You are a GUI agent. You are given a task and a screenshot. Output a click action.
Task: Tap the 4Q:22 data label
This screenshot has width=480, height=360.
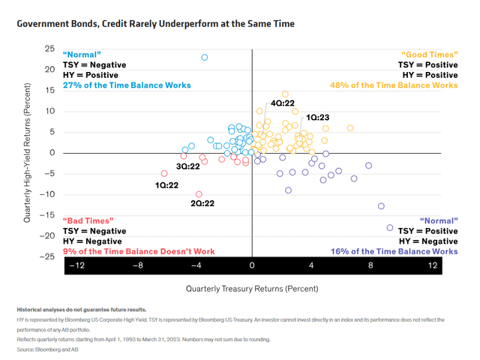[x=282, y=103]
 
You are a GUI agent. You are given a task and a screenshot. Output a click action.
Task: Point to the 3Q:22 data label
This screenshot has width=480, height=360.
[x=187, y=166]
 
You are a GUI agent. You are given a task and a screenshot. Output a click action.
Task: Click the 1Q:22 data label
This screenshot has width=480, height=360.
[x=166, y=184]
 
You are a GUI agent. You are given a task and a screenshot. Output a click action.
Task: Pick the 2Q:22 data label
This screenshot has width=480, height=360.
[x=202, y=203]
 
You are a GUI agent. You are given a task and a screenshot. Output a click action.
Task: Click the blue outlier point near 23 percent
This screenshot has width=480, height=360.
[x=204, y=58]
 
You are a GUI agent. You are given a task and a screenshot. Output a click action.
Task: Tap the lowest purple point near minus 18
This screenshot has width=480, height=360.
[x=390, y=228]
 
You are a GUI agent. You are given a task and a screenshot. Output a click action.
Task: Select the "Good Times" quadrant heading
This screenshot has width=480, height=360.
[x=430, y=55]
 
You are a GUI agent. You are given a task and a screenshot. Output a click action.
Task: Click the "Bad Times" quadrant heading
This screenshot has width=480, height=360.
[x=88, y=220]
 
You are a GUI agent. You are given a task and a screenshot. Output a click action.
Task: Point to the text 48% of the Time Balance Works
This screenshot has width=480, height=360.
[x=394, y=85]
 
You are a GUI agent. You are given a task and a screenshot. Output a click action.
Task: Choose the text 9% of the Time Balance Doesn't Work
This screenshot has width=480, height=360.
[x=127, y=252]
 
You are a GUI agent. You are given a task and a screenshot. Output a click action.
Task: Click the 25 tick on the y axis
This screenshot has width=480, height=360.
[x=49, y=49]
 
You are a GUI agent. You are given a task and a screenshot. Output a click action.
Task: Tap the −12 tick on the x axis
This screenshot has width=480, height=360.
[x=76, y=265]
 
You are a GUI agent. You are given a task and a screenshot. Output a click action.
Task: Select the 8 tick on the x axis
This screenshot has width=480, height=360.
[x=370, y=265]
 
